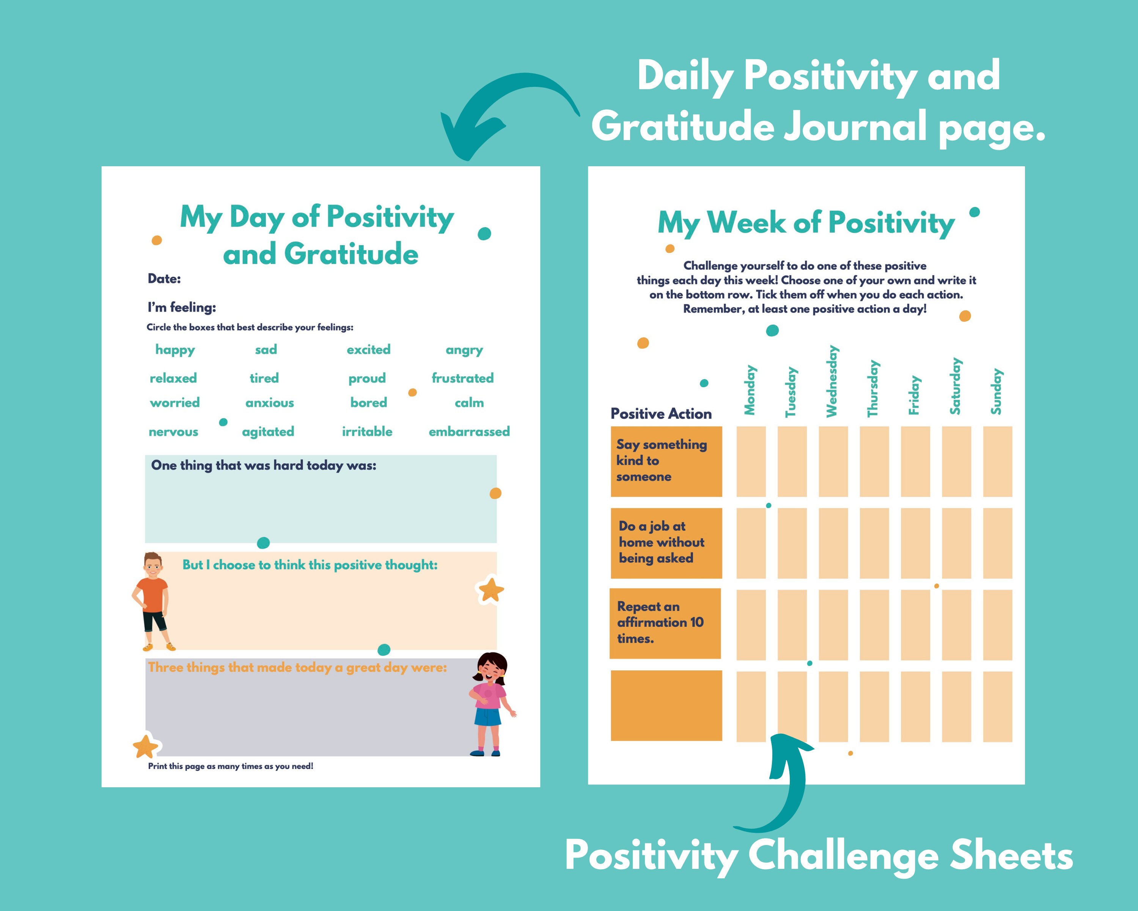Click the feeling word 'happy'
tap(175, 350)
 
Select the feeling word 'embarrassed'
tap(469, 432)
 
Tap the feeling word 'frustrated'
tap(462, 378)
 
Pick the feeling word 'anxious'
tap(269, 403)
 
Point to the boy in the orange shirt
tap(152, 601)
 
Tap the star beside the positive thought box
tap(491, 590)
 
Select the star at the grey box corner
tap(145, 746)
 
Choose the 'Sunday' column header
tap(996, 391)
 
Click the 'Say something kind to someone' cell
tap(666, 461)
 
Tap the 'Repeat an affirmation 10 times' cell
tap(665, 623)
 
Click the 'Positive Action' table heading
tap(661, 413)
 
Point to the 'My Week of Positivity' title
tap(806, 222)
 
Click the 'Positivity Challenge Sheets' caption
tap(819, 856)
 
